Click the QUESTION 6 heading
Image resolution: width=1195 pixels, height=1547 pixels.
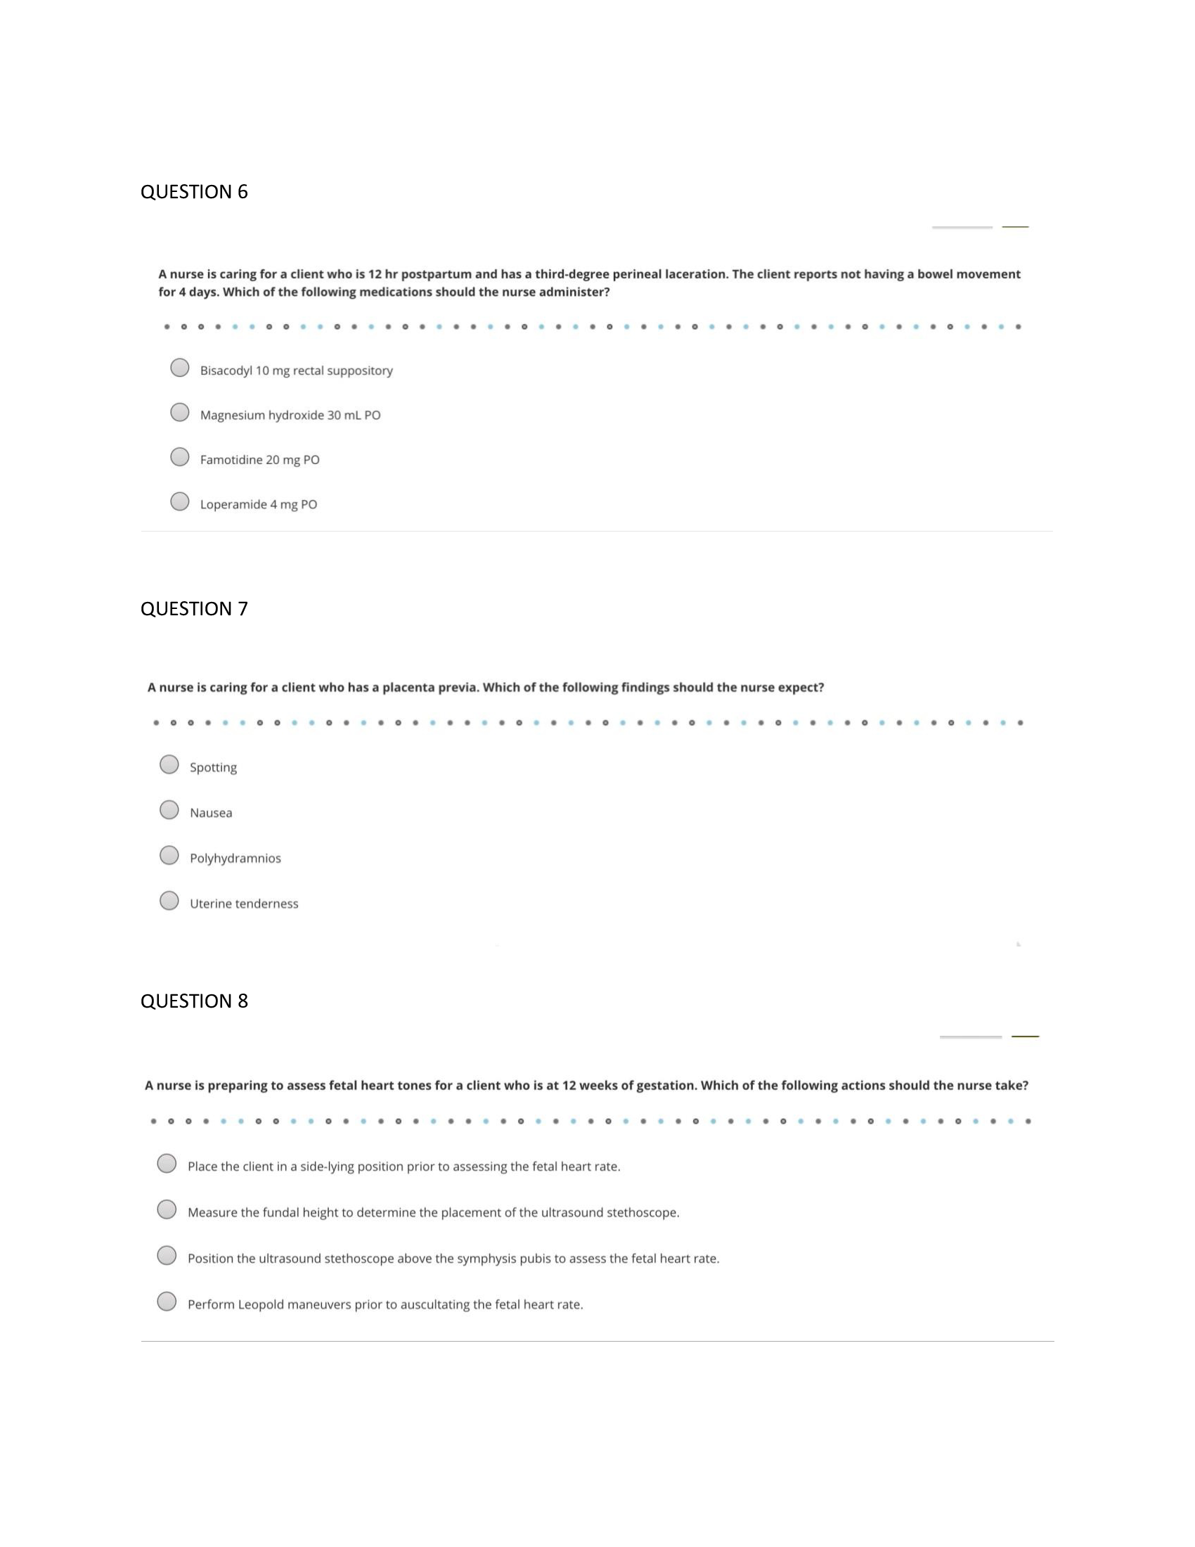point(194,192)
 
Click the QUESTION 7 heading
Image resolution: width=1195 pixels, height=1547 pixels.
point(194,609)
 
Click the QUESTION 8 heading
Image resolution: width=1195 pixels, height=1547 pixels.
point(194,1001)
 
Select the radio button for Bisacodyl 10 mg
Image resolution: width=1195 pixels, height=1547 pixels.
point(180,368)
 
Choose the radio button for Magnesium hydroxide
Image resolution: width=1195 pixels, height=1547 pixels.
point(180,412)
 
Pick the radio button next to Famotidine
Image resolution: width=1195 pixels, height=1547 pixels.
point(180,457)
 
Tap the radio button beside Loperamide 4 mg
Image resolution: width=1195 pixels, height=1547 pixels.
point(180,501)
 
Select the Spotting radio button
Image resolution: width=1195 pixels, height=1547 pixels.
point(169,764)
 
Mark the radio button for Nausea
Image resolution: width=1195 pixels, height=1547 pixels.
point(169,809)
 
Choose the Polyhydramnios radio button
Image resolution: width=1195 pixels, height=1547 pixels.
point(169,855)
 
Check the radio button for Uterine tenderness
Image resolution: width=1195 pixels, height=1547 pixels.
point(169,900)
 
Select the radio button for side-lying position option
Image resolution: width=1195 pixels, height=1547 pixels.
point(167,1164)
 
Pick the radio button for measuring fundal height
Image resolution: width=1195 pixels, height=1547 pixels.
point(167,1209)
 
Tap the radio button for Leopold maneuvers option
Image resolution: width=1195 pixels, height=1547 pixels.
point(167,1301)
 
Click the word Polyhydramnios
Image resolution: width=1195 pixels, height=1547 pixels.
point(235,859)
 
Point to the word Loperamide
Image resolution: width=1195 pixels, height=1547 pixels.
point(233,504)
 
